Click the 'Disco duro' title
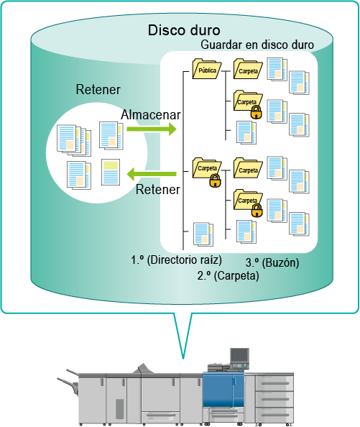pyautogui.click(x=184, y=30)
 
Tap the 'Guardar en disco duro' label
pyautogui.click(x=257, y=45)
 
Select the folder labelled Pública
pyautogui.click(x=207, y=69)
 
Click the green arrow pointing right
pyautogui.click(x=152, y=129)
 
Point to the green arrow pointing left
pyautogui.click(x=152, y=174)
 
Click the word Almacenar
pyautogui.click(x=151, y=114)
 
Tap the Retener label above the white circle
pyautogui.click(x=98, y=90)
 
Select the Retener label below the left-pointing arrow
pyautogui.click(x=158, y=190)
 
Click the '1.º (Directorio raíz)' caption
pyautogui.click(x=176, y=260)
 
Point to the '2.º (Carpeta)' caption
pyautogui.click(x=228, y=275)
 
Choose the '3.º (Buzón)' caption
pyautogui.click(x=272, y=262)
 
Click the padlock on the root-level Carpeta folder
pyautogui.click(x=216, y=181)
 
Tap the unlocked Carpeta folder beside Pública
pyautogui.click(x=248, y=69)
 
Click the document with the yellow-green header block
pyautogui.click(x=111, y=173)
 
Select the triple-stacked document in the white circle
pyautogui.click(x=74, y=140)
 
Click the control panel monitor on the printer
pyautogui.click(x=239, y=355)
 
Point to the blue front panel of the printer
pyautogui.click(x=223, y=390)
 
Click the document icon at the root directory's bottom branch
pyautogui.click(x=203, y=234)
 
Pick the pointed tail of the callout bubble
pyautogui.click(x=183, y=359)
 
